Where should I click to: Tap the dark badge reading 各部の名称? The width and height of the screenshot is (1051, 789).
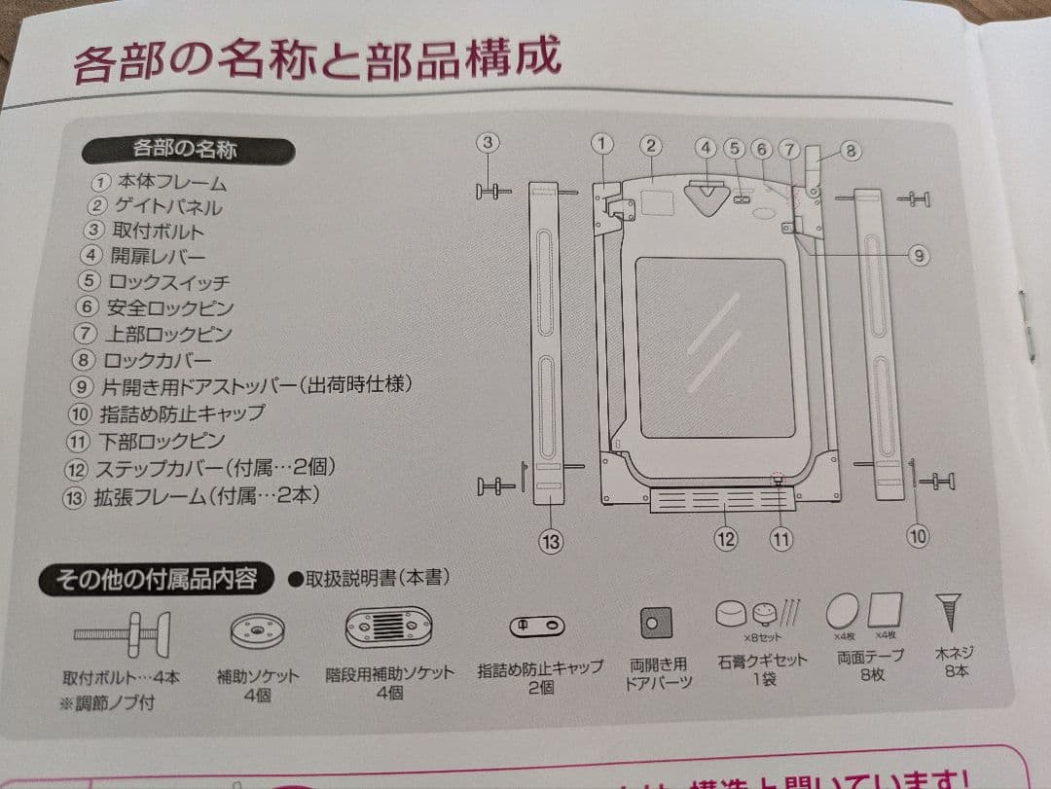click(x=185, y=149)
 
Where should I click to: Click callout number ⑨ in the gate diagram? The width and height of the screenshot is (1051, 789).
click(x=918, y=256)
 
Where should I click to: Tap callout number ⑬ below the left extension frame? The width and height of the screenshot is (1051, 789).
click(x=551, y=542)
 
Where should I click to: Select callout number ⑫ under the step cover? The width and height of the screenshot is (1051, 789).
click(x=726, y=539)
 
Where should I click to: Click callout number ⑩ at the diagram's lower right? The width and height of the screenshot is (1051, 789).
click(x=918, y=535)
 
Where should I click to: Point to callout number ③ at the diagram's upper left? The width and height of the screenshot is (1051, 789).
click(x=489, y=142)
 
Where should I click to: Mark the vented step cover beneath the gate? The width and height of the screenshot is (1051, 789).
click(x=720, y=499)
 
